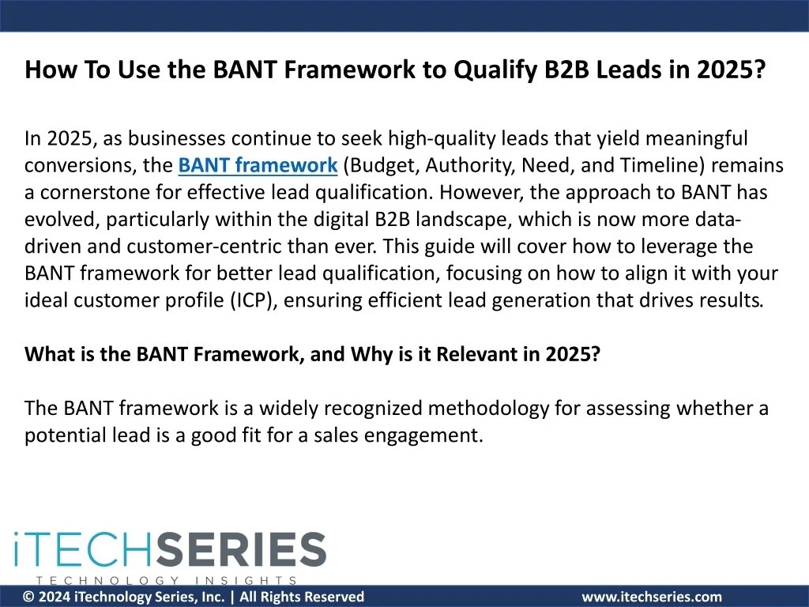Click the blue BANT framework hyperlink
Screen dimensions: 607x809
258,166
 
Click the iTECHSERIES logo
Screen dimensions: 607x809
170,550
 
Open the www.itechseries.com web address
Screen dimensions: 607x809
652,598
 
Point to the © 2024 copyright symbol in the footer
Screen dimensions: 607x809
28,598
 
